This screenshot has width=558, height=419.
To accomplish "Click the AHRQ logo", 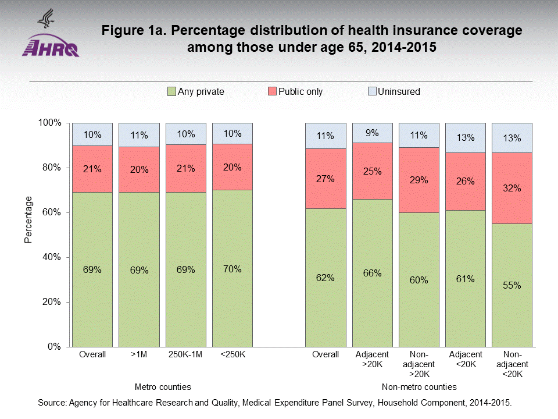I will [51, 35].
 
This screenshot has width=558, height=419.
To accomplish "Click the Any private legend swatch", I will [171, 91].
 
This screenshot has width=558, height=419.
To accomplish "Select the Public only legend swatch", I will [272, 91].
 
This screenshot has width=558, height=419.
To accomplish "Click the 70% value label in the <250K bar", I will [232, 269].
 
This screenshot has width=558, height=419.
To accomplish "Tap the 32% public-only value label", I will [512, 189].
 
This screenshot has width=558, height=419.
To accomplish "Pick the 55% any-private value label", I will [512, 285].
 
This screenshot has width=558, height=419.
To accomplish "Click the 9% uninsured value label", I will [372, 133].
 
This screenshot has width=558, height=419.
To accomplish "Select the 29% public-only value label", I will [419, 180].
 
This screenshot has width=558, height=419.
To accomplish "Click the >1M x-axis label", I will [139, 354].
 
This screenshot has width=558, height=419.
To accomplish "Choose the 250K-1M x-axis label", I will [185, 354].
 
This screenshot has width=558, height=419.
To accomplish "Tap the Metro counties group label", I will [163, 387].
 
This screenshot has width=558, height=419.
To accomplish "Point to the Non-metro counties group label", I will [419, 387].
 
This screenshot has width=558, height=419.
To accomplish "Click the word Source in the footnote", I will [51, 403].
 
